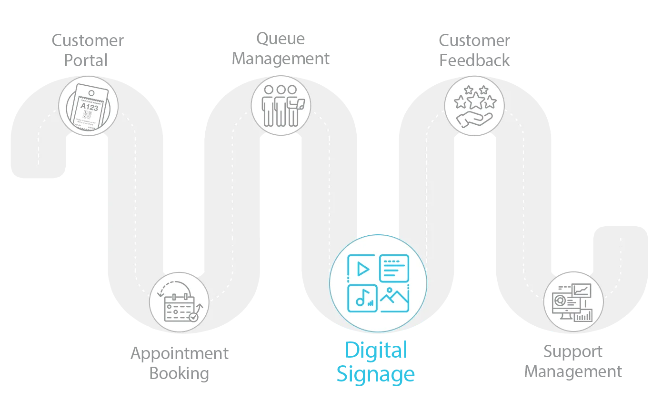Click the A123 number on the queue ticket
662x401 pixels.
(x=89, y=108)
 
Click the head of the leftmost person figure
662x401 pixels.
(x=270, y=89)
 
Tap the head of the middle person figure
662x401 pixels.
(x=281, y=89)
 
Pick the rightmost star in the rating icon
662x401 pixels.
(x=490, y=102)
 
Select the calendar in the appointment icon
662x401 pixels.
(x=179, y=308)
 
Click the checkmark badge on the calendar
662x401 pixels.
(x=193, y=316)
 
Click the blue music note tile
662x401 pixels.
(x=362, y=299)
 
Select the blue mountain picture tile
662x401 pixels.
(x=394, y=299)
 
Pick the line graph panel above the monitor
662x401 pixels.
(x=582, y=290)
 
